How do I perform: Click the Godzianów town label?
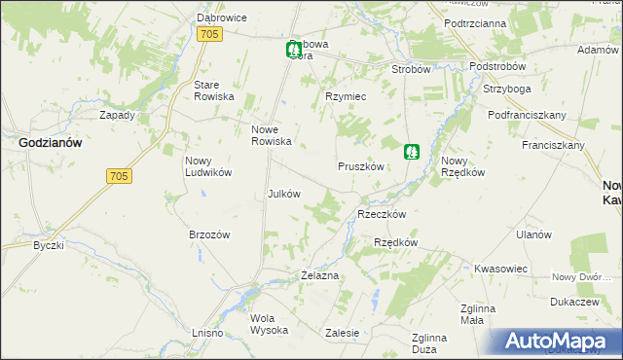(50, 142)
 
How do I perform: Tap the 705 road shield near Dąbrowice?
(209, 35)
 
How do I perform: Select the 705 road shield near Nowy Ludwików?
(117, 176)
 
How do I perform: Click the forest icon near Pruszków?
(412, 152)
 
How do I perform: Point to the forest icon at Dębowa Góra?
(293, 50)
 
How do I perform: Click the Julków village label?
(283, 193)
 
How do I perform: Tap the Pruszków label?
(363, 166)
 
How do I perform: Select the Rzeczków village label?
(382, 214)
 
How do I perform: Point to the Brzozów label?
(209, 234)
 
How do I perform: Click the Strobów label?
(411, 70)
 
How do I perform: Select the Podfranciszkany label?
(528, 115)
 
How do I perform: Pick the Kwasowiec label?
(500, 268)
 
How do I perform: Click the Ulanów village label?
(534, 234)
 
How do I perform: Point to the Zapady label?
(118, 115)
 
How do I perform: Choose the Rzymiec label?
(345, 96)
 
